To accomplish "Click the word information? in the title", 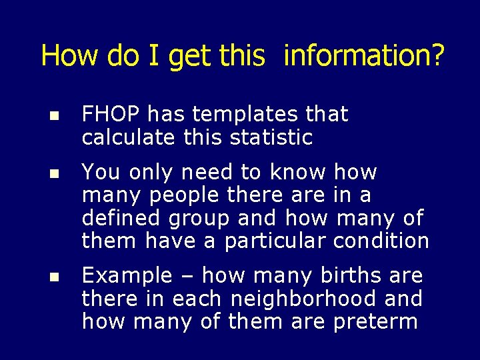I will click(363, 56).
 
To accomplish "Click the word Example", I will click(127, 276).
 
